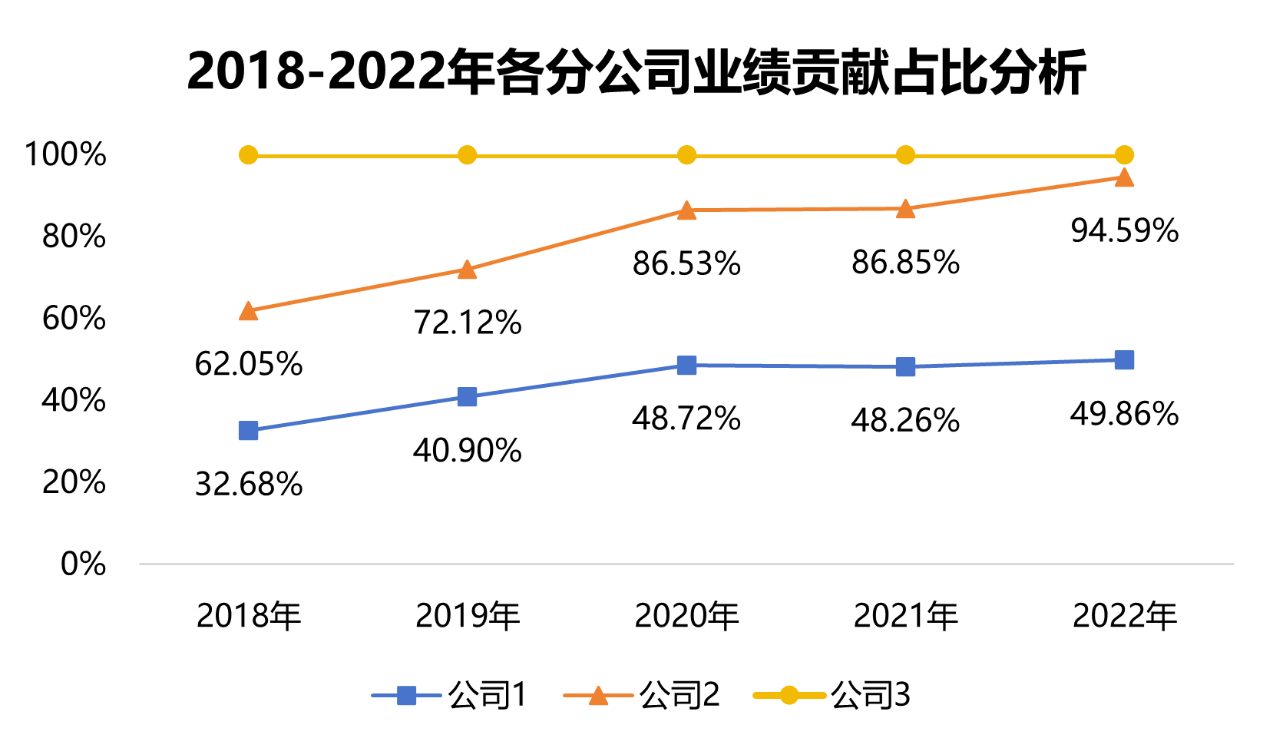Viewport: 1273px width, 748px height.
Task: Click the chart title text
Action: pos(636,72)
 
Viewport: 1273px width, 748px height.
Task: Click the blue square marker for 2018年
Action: pos(248,431)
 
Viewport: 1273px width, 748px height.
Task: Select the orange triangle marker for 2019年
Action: pos(467,270)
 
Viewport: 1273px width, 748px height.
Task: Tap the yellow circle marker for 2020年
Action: pos(686,155)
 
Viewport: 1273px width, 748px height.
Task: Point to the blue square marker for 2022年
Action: pos(1124,360)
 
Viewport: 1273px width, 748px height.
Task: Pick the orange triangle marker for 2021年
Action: pos(905,210)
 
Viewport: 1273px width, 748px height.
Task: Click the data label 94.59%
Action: pos(1124,231)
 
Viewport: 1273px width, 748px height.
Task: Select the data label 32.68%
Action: pos(249,485)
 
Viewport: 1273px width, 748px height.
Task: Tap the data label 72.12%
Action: pos(468,323)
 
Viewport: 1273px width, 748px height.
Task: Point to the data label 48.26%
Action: pos(905,421)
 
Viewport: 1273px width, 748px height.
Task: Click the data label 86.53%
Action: pos(686,264)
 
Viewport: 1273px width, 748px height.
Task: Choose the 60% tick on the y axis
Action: pos(74,318)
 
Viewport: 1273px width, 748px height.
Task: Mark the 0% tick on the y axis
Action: pos(83,564)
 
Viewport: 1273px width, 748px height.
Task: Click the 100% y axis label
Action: pos(65,154)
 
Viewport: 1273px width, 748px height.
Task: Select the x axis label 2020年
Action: pos(686,616)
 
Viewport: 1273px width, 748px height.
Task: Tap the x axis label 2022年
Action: pos(1124,616)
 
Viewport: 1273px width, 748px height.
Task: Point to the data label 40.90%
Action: pos(468,451)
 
